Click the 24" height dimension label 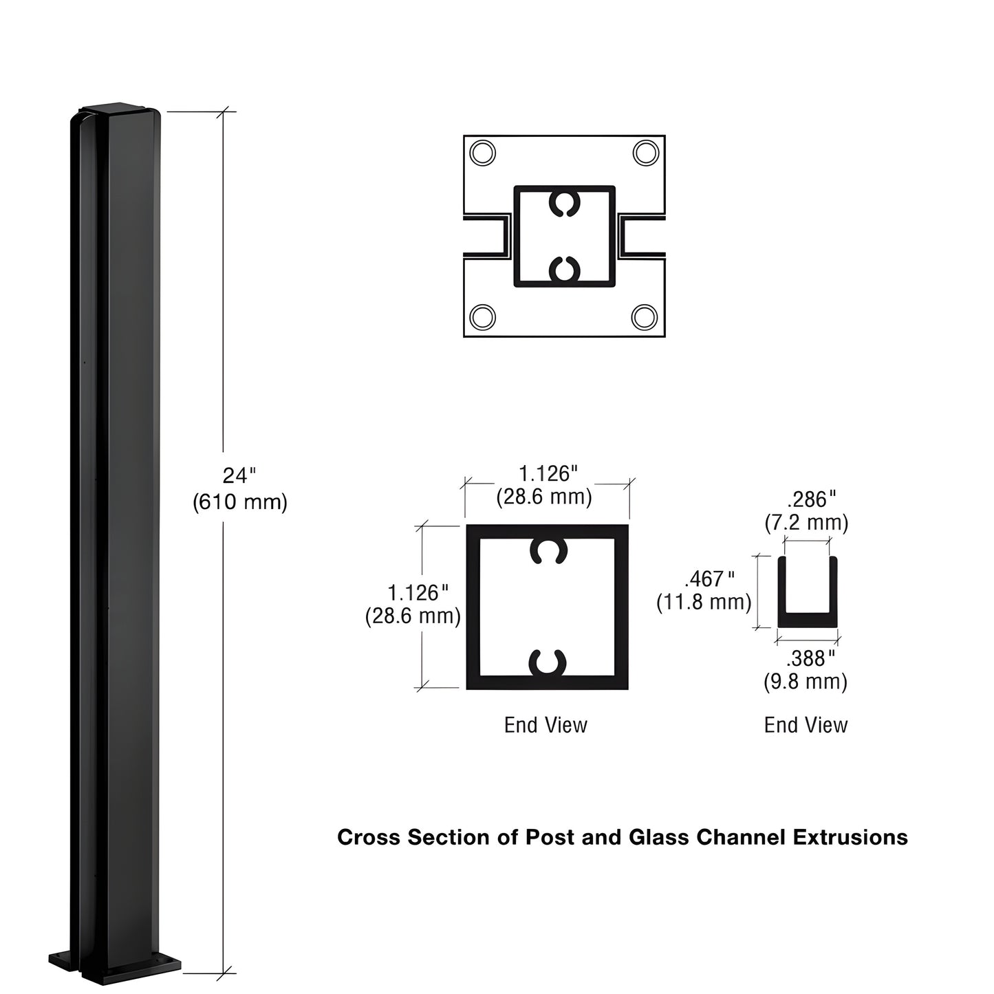tap(239, 475)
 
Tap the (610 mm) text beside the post tap(239, 502)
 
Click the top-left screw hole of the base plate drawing tap(482, 153)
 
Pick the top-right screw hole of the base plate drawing tap(645, 153)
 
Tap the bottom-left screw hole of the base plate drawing tap(482, 317)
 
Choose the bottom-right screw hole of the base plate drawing tap(645, 317)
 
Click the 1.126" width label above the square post tap(548, 474)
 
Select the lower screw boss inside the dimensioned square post tap(548, 662)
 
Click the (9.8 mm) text tap(806, 682)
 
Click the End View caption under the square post tap(545, 725)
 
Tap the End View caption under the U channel tap(806, 725)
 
